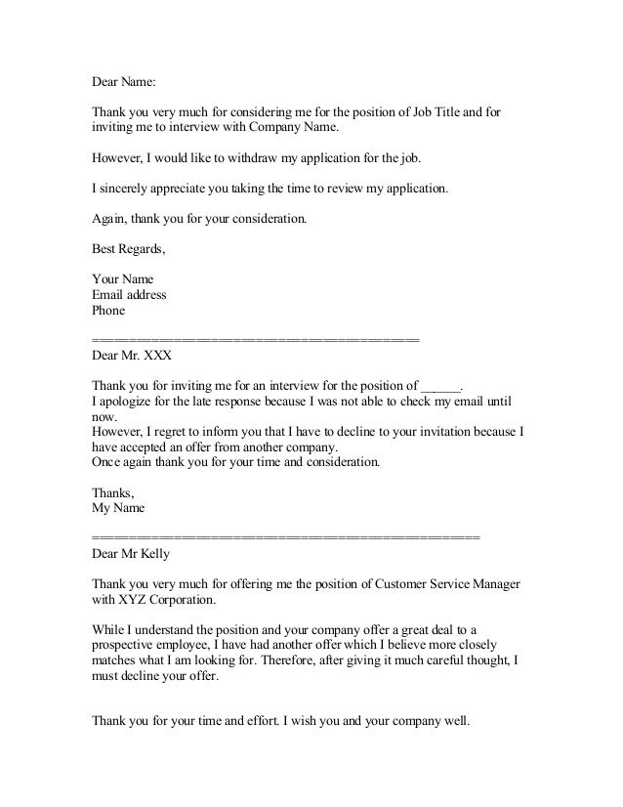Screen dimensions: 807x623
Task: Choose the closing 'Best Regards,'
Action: click(x=128, y=249)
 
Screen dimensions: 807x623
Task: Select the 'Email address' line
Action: click(x=128, y=294)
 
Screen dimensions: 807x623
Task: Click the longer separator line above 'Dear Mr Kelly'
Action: click(x=285, y=538)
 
